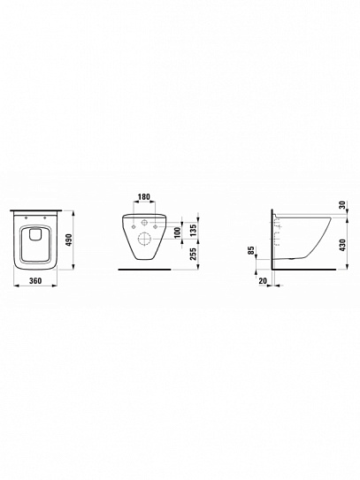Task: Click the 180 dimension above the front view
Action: coord(144,196)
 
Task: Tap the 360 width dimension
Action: coord(35,281)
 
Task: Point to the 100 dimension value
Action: coord(177,232)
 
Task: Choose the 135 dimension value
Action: coord(193,229)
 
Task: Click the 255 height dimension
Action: coord(193,254)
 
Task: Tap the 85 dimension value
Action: coord(251,250)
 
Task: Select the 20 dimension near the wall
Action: coord(263,281)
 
